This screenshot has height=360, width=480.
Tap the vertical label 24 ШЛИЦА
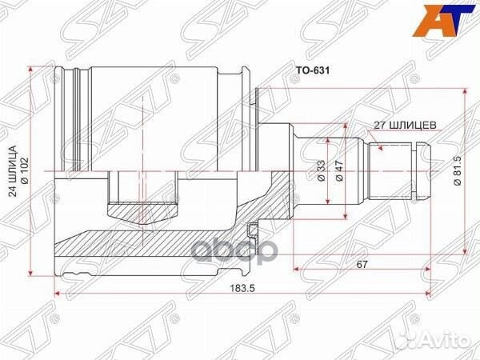(12, 171)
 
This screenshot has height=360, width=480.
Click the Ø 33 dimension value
(322, 170)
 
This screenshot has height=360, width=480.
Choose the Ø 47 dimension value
(339, 170)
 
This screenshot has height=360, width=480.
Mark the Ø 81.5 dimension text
(457, 171)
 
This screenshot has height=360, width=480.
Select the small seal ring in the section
(253, 230)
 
